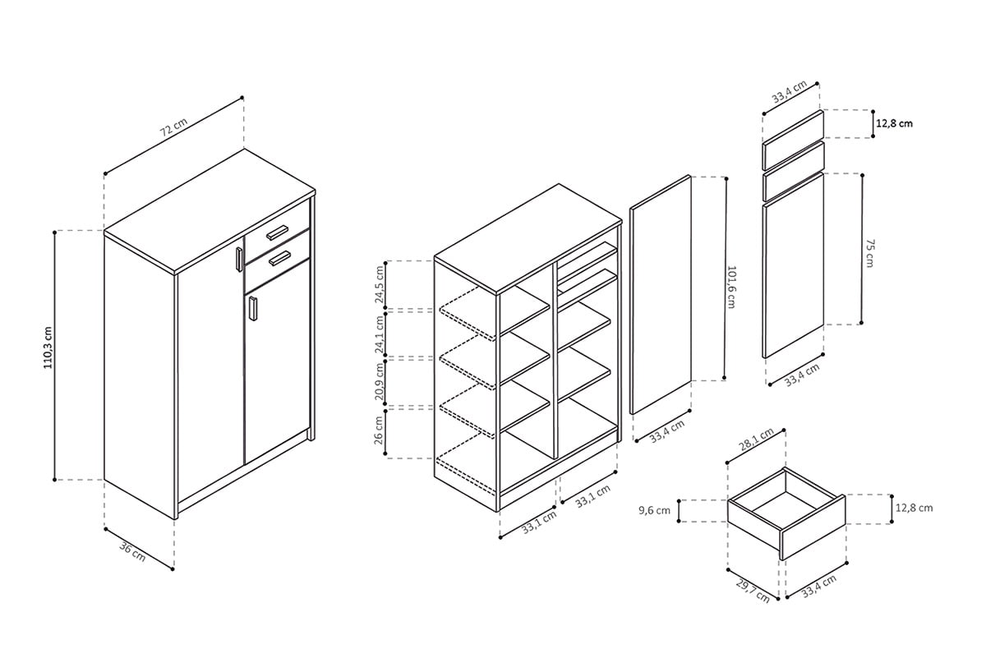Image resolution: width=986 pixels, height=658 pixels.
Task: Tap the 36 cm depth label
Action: click(x=132, y=551)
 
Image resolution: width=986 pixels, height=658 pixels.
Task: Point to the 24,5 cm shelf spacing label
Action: click(x=380, y=284)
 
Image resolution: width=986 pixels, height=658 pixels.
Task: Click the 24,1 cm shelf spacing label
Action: click(x=380, y=334)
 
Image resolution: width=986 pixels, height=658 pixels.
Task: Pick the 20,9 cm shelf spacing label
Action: click(x=380, y=382)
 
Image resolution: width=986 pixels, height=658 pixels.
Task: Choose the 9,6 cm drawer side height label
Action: click(x=654, y=510)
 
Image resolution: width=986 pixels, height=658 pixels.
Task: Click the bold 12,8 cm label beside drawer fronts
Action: click(x=894, y=123)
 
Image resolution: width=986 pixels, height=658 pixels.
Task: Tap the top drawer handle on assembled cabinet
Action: click(x=279, y=231)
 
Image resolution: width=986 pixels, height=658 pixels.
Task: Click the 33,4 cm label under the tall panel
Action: click(x=666, y=433)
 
